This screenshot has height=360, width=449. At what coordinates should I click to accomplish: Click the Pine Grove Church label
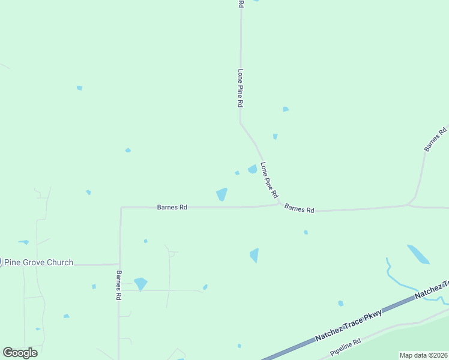[x=38, y=262]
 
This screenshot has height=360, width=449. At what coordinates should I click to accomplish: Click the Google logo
[x=20, y=353]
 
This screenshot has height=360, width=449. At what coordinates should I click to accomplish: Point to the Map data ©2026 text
[x=424, y=355]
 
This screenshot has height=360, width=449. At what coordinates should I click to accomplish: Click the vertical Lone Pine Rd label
[x=240, y=88]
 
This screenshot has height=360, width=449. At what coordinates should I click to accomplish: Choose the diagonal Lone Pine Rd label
[x=270, y=180]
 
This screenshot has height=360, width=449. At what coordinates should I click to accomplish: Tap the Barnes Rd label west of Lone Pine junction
[x=172, y=207]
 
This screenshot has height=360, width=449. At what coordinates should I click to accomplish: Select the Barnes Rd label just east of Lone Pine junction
[x=299, y=209]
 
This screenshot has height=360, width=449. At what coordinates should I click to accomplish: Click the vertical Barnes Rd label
[x=119, y=285]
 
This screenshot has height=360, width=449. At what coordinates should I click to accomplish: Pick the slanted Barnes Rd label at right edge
[x=435, y=139]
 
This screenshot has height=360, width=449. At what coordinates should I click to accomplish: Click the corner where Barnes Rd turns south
[x=121, y=208]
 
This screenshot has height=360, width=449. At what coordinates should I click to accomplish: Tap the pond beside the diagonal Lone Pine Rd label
[x=253, y=169]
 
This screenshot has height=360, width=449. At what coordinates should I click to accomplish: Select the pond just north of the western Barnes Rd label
[x=221, y=194]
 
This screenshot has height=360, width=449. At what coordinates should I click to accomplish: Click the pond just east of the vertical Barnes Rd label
[x=140, y=283]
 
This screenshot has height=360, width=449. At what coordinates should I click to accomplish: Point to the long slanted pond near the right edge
[x=418, y=254]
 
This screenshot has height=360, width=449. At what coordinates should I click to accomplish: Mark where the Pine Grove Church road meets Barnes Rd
[x=119, y=264]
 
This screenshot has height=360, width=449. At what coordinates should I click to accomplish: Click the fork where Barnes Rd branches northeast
[x=409, y=205]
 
